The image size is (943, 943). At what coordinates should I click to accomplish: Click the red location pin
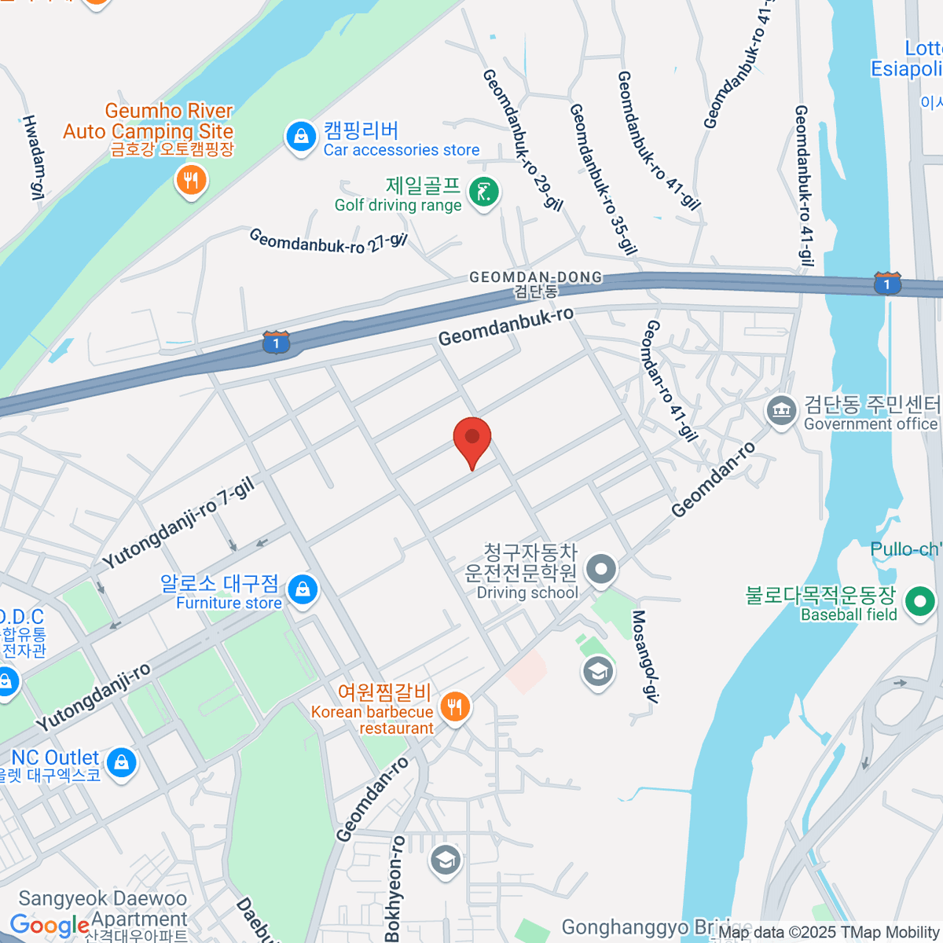coord(472,437)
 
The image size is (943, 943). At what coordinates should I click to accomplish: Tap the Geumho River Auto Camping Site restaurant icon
coord(190,181)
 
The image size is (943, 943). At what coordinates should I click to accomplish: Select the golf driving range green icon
coord(484,192)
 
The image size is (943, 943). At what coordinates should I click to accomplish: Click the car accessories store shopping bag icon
coord(300,138)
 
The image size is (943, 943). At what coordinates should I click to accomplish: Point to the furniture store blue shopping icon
coord(303,590)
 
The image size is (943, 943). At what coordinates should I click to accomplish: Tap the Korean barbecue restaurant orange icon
coord(454,706)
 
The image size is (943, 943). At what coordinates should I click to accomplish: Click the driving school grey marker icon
coord(602,569)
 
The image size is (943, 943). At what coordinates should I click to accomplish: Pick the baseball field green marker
coord(919,602)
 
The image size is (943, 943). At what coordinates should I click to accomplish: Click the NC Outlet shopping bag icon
coord(122,762)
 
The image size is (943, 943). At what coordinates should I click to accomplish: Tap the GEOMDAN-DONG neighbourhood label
coord(536,277)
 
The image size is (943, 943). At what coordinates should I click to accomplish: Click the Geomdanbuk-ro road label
coord(506,326)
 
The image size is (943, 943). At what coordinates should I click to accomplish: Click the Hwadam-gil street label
coord(34,156)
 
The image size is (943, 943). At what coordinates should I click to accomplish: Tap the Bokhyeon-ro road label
coord(395,888)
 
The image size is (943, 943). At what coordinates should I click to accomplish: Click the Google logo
coord(50,926)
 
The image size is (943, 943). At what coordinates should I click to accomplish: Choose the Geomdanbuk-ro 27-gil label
coord(328,240)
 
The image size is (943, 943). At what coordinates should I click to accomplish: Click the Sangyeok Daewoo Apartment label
coord(103,909)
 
